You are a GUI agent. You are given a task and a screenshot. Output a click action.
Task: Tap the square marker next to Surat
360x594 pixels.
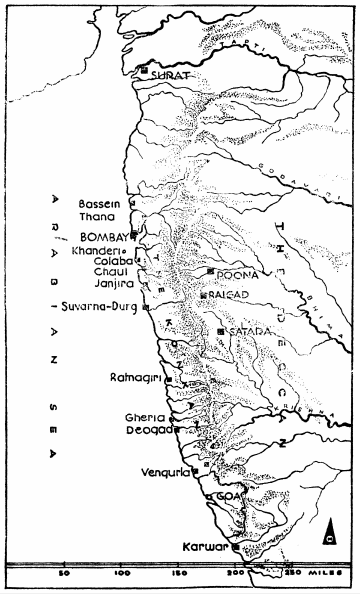pyautogui.click(x=146, y=71)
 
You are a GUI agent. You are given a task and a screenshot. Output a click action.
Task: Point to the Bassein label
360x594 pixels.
pyautogui.click(x=98, y=203)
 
